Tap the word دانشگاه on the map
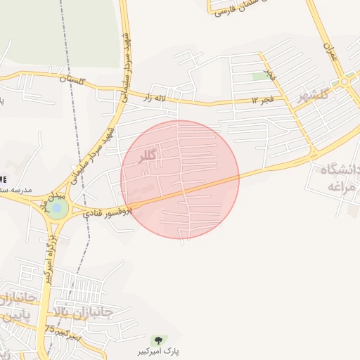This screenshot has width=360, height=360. point(340,171)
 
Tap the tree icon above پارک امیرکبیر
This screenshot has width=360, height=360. point(155,340)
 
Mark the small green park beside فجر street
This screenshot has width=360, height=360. point(261,76)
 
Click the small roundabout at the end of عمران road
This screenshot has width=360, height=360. point(345,82)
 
